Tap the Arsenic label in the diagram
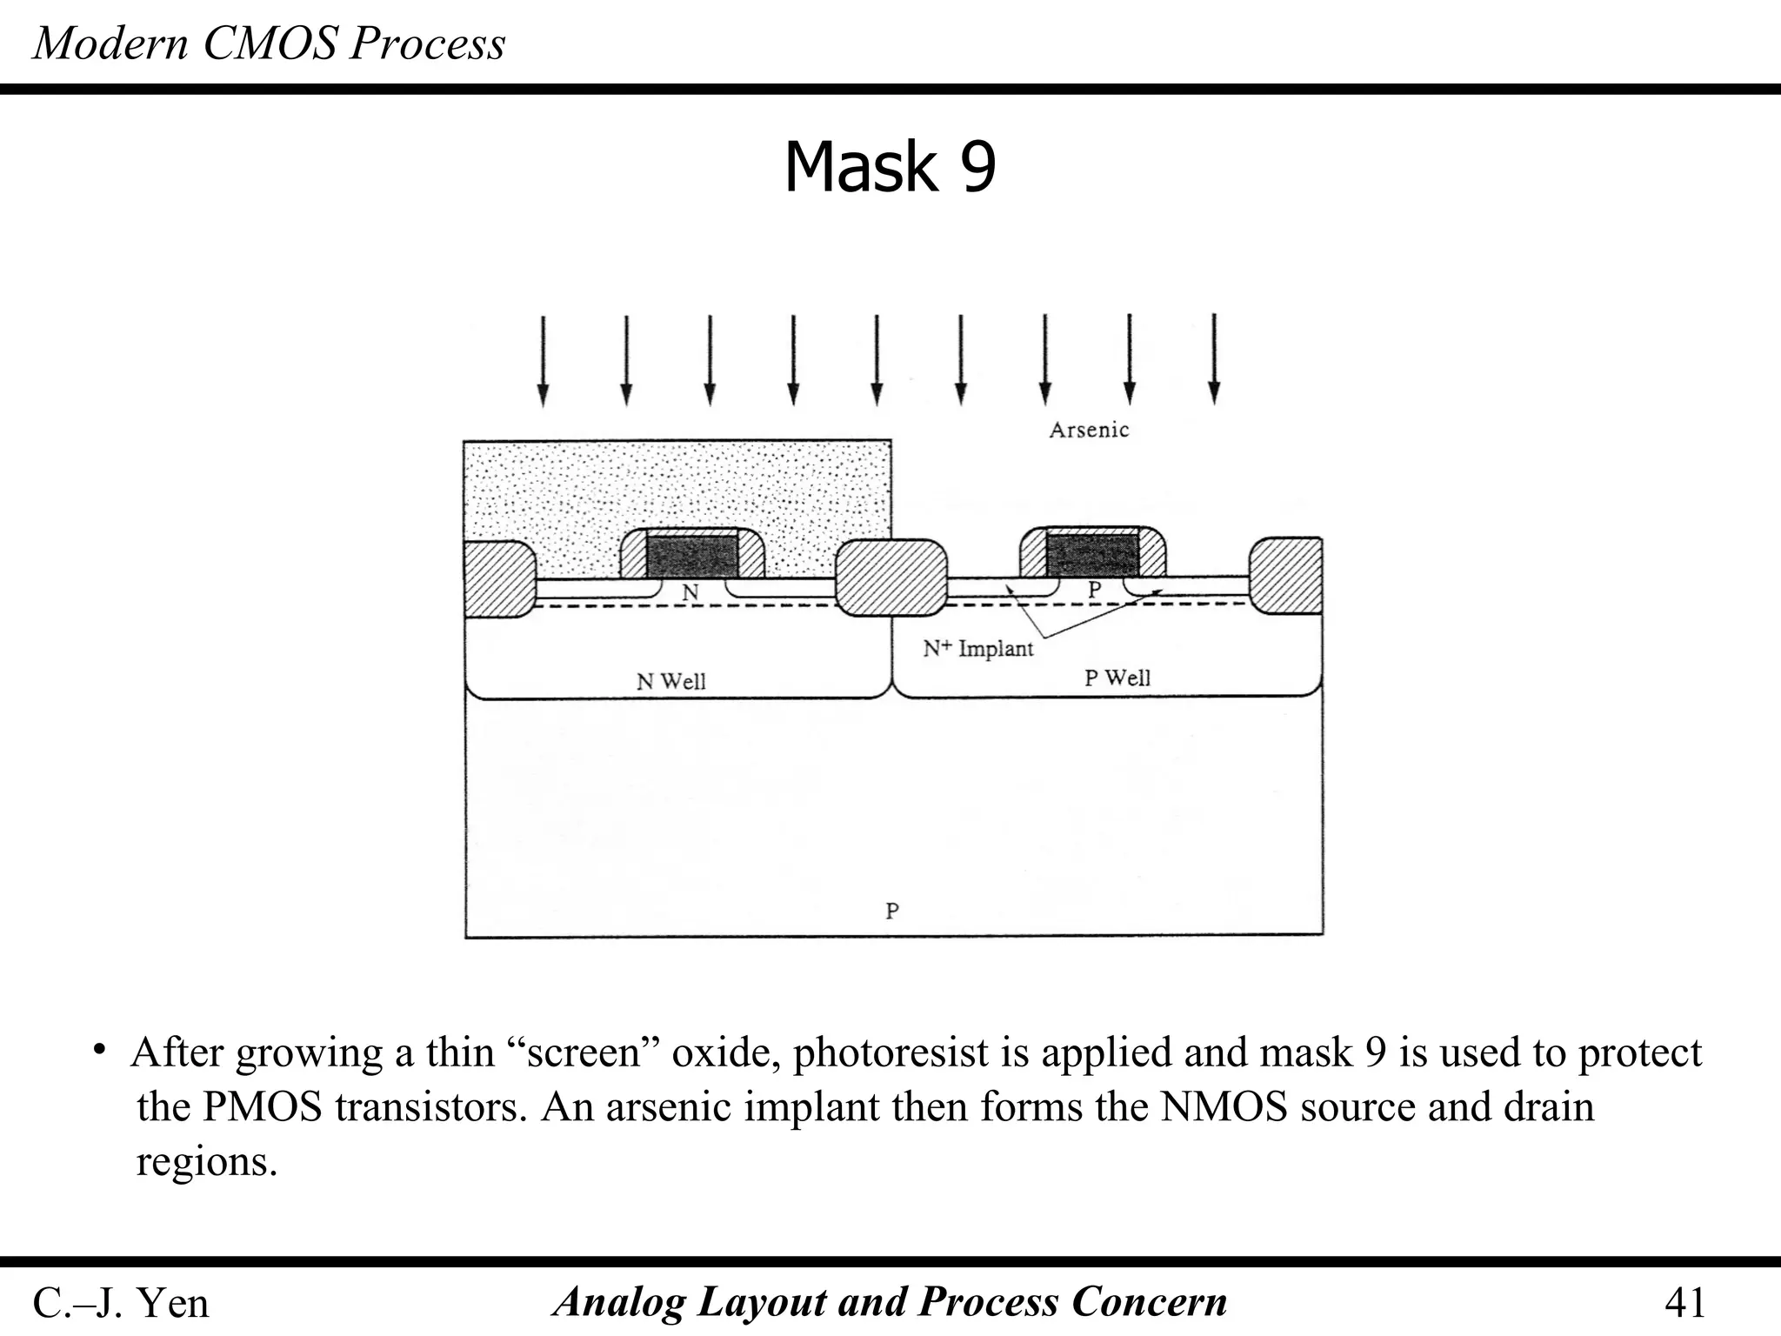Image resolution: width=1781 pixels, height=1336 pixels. tap(1088, 430)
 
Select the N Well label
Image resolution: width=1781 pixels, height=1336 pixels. tap(670, 681)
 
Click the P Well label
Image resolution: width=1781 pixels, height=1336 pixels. tap(1117, 678)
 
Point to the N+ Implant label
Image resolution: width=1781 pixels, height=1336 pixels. tap(977, 648)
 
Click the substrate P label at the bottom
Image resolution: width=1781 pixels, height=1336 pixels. tap(891, 911)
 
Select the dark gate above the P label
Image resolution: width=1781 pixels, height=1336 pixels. tap(1091, 555)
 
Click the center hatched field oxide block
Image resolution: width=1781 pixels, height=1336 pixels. tap(891, 578)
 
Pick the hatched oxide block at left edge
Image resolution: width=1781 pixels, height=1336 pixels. tap(497, 578)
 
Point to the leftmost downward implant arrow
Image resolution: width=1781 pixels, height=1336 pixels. tap(543, 360)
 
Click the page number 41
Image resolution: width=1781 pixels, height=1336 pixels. tap(1684, 1303)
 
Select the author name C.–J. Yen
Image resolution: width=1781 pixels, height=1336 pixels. tap(121, 1303)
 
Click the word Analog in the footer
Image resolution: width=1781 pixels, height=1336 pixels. tap(621, 1302)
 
